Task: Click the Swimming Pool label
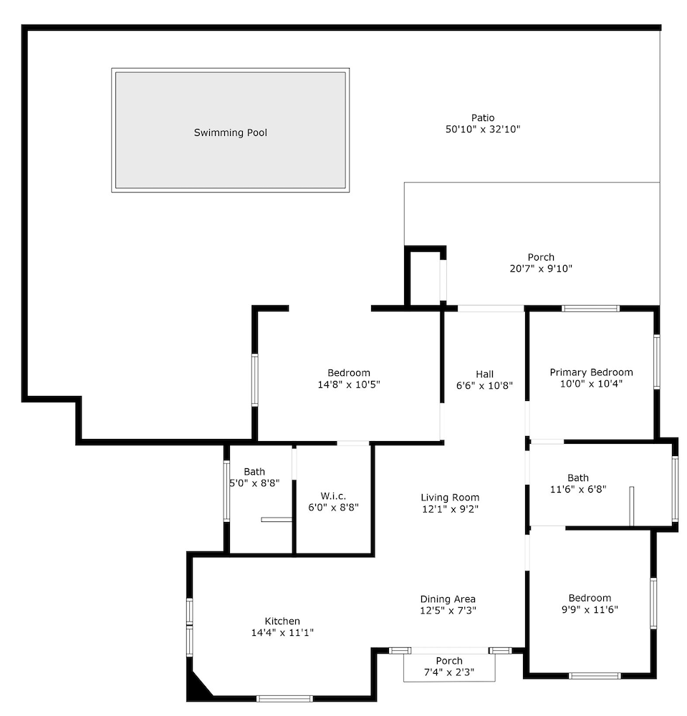point(230,132)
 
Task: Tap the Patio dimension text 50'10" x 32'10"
point(483,129)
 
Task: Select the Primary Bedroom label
point(591,372)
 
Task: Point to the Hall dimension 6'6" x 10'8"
point(484,385)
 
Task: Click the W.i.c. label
point(333,496)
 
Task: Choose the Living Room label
point(450,498)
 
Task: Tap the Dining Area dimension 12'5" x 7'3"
point(448,610)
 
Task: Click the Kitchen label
point(282,621)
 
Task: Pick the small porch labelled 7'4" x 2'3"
point(449,667)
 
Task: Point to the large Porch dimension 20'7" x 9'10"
point(541,268)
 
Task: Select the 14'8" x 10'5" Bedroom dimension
point(349,384)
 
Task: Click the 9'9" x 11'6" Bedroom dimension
point(590,609)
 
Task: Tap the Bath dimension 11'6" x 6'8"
point(578,489)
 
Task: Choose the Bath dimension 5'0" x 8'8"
point(254,483)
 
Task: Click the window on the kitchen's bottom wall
point(284,699)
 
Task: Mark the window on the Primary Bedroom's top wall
point(590,309)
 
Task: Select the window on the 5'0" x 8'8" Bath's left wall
point(226,491)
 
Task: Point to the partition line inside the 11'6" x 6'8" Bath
point(632,506)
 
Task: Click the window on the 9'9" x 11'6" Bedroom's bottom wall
point(595,676)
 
